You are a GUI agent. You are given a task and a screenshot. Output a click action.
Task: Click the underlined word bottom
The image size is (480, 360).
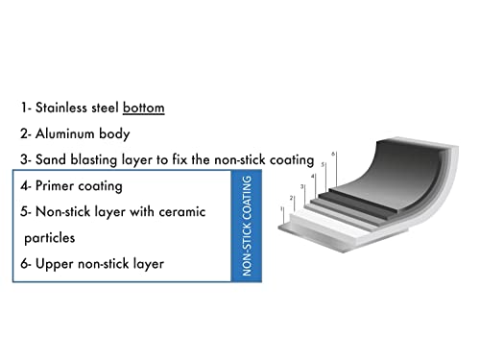pyautogui.click(x=144, y=108)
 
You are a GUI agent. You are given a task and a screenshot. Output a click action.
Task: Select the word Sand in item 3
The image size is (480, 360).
pyautogui.click(x=51, y=159)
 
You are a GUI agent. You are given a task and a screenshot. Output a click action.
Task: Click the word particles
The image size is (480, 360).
pyautogui.click(x=50, y=238)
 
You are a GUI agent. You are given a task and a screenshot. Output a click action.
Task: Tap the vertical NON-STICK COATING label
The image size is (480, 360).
pyautogui.click(x=247, y=226)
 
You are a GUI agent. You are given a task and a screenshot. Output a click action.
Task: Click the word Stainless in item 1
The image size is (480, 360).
pyautogui.click(x=61, y=108)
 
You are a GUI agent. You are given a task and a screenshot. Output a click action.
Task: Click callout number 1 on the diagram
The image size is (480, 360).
pyautogui.click(x=281, y=208)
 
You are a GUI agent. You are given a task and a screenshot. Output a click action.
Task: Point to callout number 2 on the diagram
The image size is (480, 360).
pyautogui.click(x=291, y=198)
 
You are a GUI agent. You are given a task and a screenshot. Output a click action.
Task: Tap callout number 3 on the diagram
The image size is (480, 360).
pyautogui.click(x=301, y=186)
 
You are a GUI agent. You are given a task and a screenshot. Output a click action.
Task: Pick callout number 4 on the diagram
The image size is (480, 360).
pyautogui.click(x=313, y=176)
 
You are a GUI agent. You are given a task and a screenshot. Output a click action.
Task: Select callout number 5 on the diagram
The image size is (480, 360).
pyautogui.click(x=323, y=164)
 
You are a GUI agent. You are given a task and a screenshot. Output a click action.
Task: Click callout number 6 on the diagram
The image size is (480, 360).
pyautogui.click(x=333, y=154)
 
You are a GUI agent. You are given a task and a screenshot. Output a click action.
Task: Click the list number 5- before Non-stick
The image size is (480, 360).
pyautogui.click(x=26, y=212)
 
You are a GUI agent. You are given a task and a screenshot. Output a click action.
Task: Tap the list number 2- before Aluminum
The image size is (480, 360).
pyautogui.click(x=26, y=133)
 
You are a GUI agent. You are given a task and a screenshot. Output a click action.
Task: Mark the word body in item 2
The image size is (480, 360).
pyautogui.click(x=114, y=134)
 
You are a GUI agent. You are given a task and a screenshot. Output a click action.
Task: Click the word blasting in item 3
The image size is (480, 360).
pyautogui.click(x=94, y=160)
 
